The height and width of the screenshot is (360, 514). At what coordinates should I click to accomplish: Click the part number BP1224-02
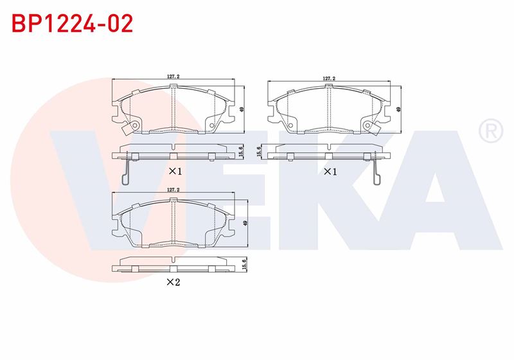73,23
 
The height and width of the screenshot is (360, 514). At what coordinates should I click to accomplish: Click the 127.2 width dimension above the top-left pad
173,76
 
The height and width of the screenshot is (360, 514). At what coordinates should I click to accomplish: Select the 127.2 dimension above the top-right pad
329,78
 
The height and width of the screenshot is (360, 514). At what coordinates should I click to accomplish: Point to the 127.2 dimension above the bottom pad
173,190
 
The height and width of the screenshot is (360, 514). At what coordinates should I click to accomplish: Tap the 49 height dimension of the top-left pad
242,109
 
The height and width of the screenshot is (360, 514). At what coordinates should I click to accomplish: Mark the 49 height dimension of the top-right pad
398,109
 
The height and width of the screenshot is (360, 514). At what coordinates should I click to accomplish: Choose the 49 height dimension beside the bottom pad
245,223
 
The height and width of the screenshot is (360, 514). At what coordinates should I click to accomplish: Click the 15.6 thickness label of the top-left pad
242,152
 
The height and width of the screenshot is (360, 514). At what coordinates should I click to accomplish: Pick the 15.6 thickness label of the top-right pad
259,152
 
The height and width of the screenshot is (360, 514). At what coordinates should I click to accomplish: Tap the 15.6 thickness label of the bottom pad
244,264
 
